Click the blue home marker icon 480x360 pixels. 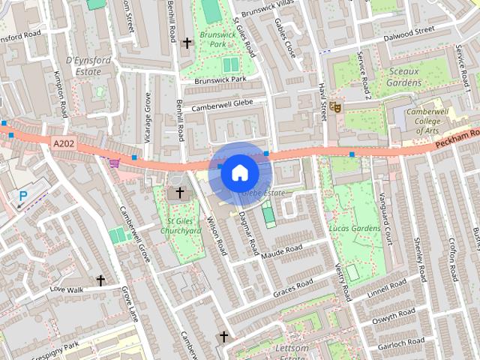point(239,172)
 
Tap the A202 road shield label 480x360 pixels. point(64,142)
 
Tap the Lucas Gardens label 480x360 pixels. point(355,227)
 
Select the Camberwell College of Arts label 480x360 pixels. point(432,121)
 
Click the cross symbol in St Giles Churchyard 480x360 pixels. point(178,193)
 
